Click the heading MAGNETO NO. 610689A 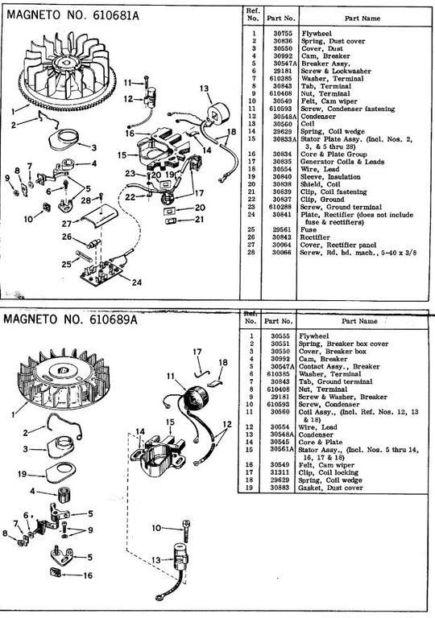click(71, 319)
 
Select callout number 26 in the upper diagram click(68, 237)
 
